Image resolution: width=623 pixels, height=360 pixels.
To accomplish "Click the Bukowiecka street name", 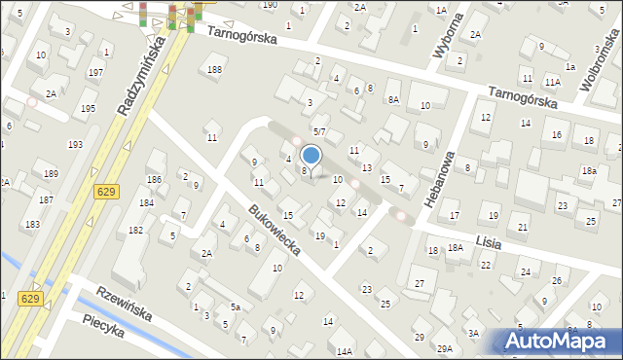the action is [273, 230].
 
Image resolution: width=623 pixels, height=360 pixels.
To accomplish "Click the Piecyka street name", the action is [104, 330].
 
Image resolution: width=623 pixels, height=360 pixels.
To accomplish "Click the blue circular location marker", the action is [311, 155].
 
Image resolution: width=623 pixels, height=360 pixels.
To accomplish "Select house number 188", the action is [214, 70].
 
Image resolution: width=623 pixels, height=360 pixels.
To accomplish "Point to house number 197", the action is [95, 73].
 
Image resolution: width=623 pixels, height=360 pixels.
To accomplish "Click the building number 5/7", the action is [318, 130].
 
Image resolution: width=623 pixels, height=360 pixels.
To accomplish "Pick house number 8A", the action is [393, 99].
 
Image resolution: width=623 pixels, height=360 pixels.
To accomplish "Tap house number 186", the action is [154, 180].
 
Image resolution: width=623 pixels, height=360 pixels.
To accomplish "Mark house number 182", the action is [135, 229].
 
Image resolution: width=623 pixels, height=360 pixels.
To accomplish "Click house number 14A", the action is [345, 351].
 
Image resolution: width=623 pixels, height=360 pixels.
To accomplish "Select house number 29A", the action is [445, 348].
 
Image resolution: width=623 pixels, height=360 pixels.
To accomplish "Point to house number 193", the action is [75, 144].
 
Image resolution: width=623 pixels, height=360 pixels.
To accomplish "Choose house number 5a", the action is [235, 306].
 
